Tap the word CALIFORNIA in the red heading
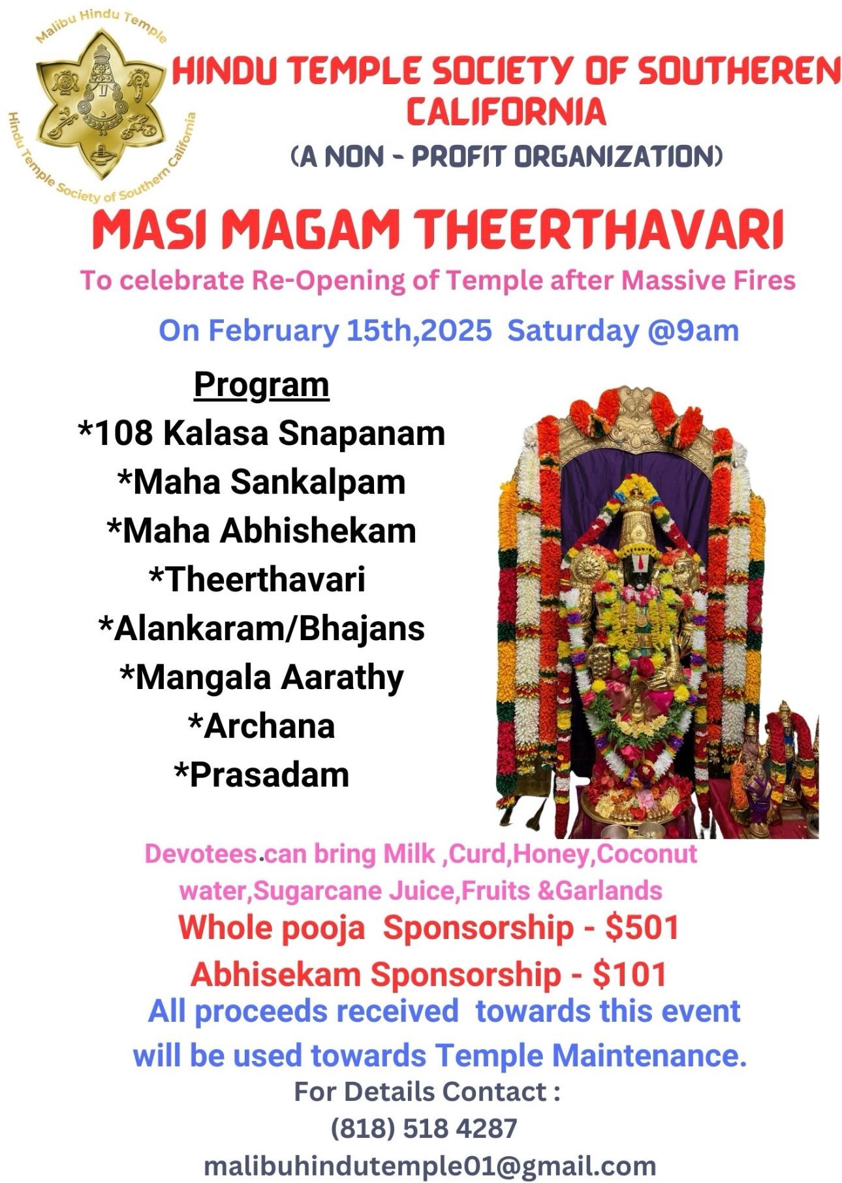(x=507, y=111)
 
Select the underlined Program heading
(x=261, y=385)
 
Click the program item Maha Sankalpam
(x=262, y=482)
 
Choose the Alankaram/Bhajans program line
(x=261, y=628)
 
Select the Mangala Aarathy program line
(x=262, y=677)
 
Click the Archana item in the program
(x=261, y=726)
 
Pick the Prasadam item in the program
(x=261, y=775)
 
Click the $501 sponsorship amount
(x=642, y=927)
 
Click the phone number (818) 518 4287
(x=424, y=1128)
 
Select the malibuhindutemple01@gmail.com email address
(x=430, y=1166)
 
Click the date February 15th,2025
(x=350, y=331)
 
